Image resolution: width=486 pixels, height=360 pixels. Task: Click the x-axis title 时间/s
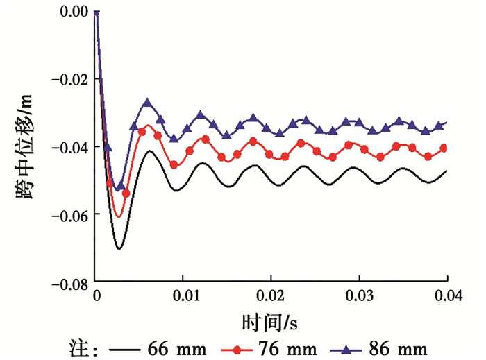pos(271,323)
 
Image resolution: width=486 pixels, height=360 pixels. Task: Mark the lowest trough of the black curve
pos(119,248)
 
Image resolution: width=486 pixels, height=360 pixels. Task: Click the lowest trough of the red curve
pos(119,216)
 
